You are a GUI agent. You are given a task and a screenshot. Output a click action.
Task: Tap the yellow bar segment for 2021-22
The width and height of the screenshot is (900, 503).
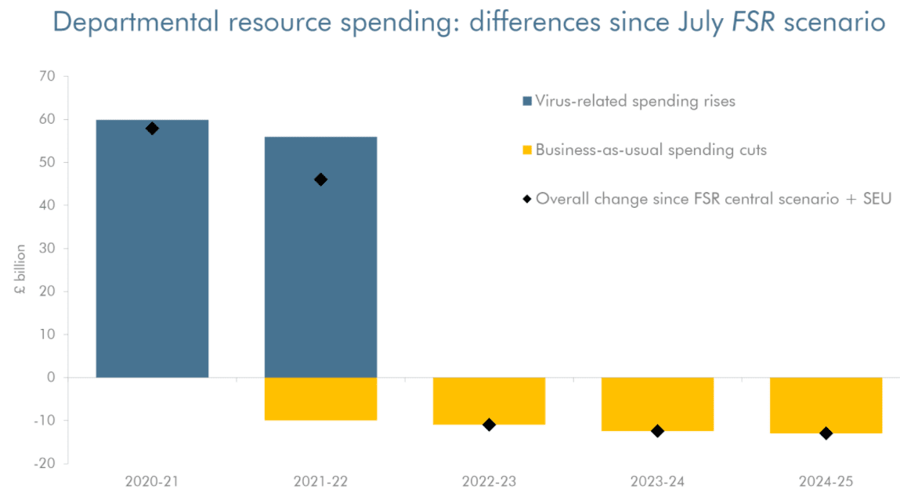pos(320,399)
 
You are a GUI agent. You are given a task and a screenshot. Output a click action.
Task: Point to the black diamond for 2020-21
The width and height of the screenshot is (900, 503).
pos(152,128)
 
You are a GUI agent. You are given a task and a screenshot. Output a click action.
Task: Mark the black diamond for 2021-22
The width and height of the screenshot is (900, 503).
pos(320,179)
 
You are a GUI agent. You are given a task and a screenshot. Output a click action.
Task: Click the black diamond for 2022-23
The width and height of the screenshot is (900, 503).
pos(489,425)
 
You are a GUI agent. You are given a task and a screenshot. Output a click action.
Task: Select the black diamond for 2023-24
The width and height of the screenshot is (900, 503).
pos(657,431)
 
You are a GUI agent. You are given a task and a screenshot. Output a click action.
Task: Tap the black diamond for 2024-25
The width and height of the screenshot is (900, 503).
pos(826,433)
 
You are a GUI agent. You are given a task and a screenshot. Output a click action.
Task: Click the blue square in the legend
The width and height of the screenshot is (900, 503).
pos(527,101)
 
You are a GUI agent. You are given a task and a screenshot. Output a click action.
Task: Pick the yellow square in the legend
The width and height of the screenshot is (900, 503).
pos(527,150)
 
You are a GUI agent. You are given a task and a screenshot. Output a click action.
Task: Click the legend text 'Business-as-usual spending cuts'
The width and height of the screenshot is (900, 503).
pos(651,150)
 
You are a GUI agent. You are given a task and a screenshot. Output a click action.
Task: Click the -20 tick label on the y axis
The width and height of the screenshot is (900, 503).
pos(45,463)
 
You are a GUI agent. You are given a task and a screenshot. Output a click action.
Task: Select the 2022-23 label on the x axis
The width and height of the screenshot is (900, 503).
pos(489,481)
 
